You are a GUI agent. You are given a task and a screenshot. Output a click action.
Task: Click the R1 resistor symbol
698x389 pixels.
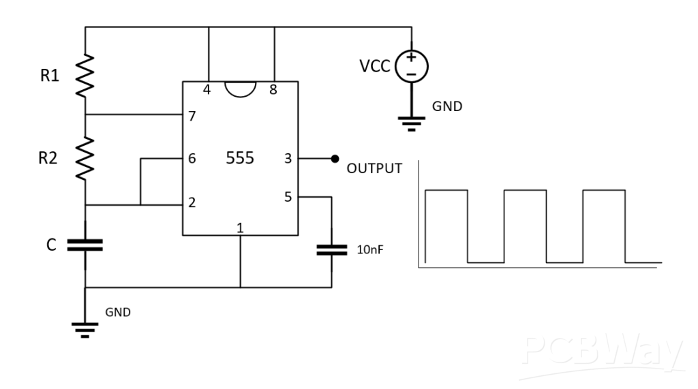coord(85,76)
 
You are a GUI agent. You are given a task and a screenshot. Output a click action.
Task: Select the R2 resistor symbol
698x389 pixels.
coord(85,158)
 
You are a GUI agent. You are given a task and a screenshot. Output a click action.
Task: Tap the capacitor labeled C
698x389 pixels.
coord(85,245)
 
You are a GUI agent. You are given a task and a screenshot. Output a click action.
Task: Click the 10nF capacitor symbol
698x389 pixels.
coord(331,250)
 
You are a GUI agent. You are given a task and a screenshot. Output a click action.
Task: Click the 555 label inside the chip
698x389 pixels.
coord(239,159)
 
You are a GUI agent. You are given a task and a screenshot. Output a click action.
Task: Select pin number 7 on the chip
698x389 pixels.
coord(192,116)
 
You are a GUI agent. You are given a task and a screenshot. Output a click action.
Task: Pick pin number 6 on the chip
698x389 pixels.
coord(192,159)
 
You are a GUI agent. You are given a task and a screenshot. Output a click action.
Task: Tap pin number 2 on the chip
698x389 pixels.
coord(192,203)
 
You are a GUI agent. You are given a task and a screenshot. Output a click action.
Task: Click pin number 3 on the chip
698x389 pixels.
coord(288,159)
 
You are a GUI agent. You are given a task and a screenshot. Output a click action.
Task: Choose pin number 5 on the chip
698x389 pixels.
coord(288,198)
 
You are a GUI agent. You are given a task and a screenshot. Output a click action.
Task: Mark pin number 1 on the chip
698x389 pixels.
coord(240,228)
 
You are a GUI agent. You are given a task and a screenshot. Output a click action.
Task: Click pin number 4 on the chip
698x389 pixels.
coord(207,89)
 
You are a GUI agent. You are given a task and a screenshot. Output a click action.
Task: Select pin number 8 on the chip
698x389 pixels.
coord(273,89)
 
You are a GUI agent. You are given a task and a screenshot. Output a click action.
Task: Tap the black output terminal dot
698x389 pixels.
coord(335,159)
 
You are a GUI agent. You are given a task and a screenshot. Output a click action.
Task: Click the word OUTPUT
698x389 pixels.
coord(374,168)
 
